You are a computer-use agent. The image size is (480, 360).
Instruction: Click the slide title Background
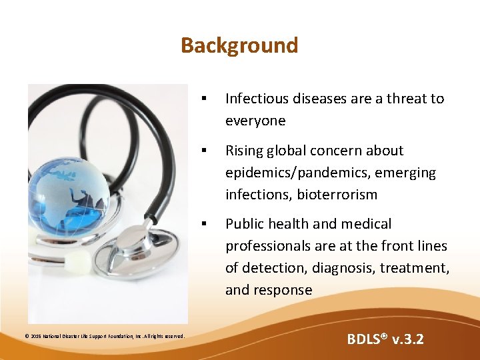pos(239,45)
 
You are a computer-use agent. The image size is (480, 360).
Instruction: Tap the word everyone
pos(255,121)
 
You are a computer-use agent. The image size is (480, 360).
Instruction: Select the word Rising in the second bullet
pos(244,151)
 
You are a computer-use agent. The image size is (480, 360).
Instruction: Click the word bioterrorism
pos(337,195)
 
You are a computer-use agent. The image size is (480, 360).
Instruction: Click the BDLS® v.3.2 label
pos(385,339)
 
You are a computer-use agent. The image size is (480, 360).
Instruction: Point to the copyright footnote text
pos(104,335)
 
